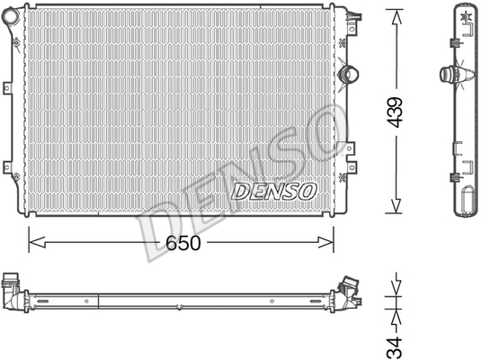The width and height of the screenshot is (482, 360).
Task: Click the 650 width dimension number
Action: pyautogui.click(x=183, y=243)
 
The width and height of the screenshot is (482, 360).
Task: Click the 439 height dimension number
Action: pyautogui.click(x=395, y=112)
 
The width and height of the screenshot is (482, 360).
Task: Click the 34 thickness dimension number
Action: pyautogui.click(x=395, y=347)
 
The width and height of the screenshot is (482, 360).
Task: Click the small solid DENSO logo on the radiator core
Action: pyautogui.click(x=274, y=192)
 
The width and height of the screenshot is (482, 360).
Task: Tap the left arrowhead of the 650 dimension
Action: pyautogui.click(x=37, y=242)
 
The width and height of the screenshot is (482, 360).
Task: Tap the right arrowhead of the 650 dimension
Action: pyautogui.click(x=326, y=242)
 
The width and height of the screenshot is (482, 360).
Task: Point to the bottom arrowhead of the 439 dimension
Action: pyautogui.click(x=397, y=205)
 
